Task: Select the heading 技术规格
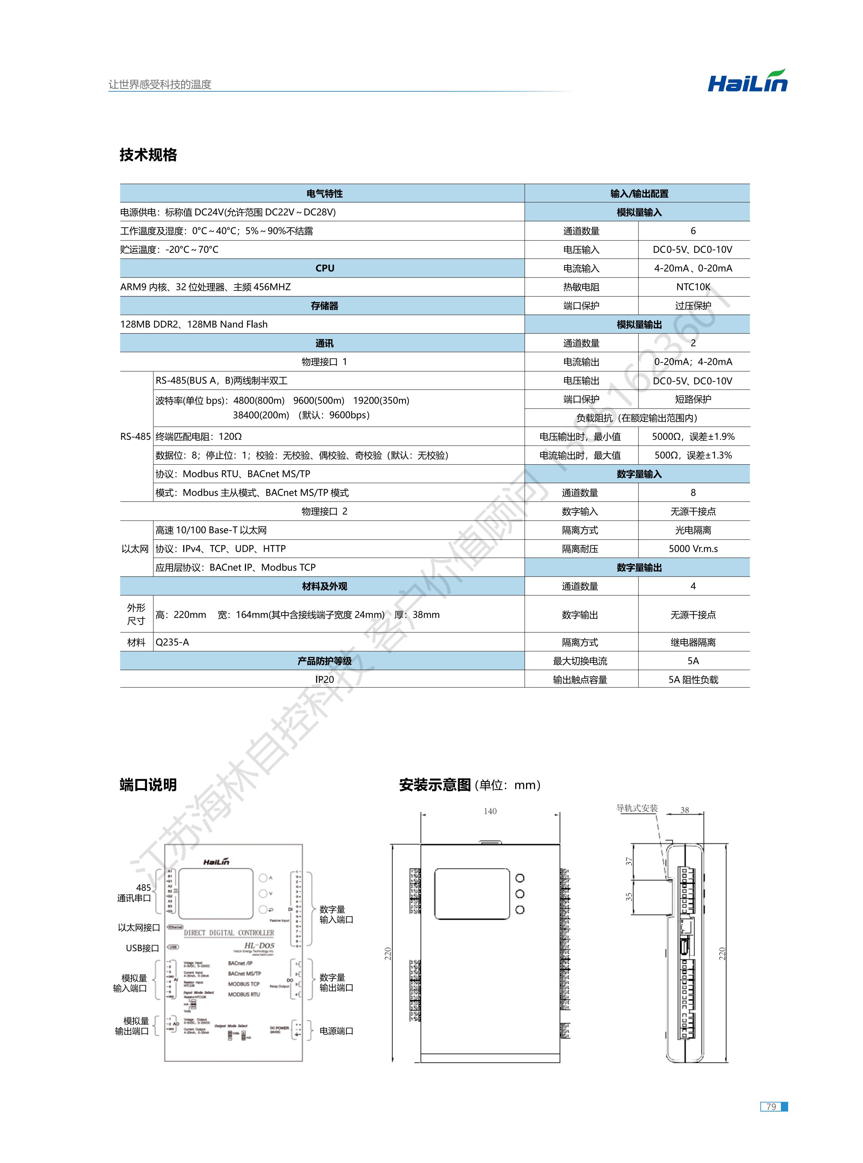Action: pos(148,155)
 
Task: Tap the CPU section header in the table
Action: pos(325,268)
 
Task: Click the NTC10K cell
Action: pos(693,287)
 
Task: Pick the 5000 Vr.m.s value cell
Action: pos(693,549)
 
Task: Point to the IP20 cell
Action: pos(325,679)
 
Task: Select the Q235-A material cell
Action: pos(172,642)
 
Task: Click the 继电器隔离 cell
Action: pos(693,642)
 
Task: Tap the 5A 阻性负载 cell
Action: pos(693,680)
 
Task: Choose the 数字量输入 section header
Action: pos(639,474)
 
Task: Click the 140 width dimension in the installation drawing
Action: pos(490,811)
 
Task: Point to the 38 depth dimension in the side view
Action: pos(684,810)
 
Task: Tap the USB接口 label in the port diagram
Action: pos(142,948)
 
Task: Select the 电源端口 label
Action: pos(337,1031)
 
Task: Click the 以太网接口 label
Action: pos(139,928)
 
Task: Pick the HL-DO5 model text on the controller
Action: pos(259,945)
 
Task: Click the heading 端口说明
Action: pos(148,785)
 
